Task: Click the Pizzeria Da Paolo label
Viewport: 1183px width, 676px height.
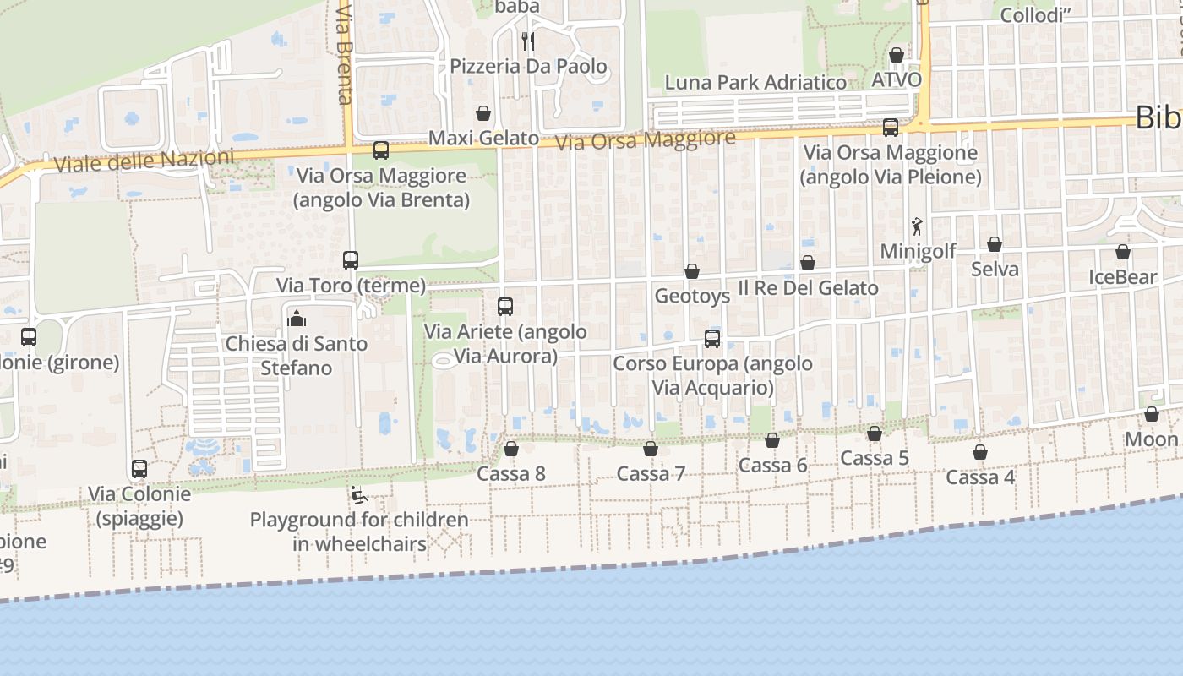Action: [x=528, y=66]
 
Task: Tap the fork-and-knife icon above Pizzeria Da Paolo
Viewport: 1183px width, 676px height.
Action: [x=528, y=41]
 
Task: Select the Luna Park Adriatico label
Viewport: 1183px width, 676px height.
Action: [x=755, y=83]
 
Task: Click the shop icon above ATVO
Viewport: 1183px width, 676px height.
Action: [x=897, y=55]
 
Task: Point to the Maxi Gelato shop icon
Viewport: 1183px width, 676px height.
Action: [x=483, y=113]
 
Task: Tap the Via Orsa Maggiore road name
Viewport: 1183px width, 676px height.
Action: [x=646, y=140]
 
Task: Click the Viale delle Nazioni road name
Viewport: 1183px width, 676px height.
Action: [x=144, y=161]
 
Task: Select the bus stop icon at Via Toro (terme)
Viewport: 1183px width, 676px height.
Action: [x=351, y=260]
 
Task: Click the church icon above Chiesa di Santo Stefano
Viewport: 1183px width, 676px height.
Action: [x=296, y=319]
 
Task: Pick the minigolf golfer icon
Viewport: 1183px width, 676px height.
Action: [x=918, y=226]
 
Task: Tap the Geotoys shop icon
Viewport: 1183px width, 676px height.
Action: [x=692, y=271]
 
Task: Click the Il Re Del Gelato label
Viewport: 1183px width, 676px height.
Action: [x=808, y=288]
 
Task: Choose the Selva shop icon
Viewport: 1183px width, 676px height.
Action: [x=995, y=245]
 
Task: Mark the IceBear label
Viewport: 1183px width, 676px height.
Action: [x=1122, y=277]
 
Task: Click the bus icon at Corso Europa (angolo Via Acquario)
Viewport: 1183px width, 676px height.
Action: [x=712, y=339]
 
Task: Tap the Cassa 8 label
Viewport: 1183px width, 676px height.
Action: [x=511, y=474]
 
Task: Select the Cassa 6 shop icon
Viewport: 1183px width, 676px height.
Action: [x=772, y=440]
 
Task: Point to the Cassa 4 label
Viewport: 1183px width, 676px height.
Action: [x=980, y=477]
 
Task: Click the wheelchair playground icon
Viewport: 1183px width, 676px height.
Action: [x=358, y=494]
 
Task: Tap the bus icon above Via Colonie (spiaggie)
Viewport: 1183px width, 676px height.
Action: [x=139, y=468]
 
